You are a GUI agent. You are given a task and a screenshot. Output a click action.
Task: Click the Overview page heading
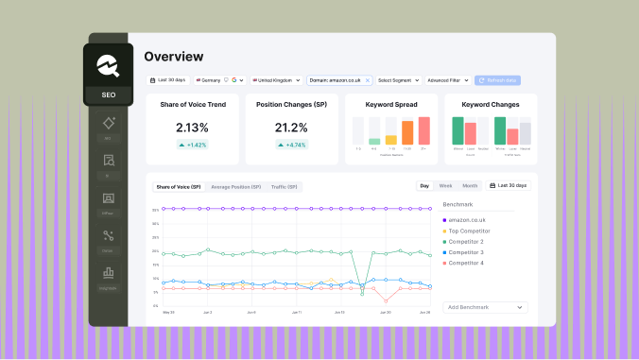[173, 57]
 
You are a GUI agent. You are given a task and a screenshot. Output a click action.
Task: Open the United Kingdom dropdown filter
[276, 80]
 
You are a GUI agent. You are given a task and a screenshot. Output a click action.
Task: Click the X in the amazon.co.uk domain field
[368, 80]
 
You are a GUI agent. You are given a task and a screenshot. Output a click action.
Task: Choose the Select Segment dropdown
[399, 80]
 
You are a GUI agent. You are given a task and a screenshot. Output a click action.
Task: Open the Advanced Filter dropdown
[447, 80]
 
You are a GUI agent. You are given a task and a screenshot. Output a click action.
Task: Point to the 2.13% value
[193, 127]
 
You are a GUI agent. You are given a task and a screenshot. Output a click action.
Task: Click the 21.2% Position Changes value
[290, 127]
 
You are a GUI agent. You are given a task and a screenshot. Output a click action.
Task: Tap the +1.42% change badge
[193, 145]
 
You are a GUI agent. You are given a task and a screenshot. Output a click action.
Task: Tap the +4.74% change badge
[290, 145]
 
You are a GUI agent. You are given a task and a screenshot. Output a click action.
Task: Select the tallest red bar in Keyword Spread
[424, 130]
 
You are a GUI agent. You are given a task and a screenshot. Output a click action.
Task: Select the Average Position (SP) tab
[235, 187]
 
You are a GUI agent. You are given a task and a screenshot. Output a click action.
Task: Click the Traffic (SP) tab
[284, 187]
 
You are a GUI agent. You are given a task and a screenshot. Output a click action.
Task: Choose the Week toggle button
[445, 186]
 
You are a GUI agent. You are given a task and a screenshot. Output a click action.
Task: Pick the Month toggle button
[470, 186]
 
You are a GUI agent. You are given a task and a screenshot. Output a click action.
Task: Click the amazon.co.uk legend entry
[468, 219]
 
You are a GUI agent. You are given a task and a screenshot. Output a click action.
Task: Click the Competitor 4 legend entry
[468, 263]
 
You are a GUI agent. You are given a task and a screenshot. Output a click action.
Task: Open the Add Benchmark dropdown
[485, 307]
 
